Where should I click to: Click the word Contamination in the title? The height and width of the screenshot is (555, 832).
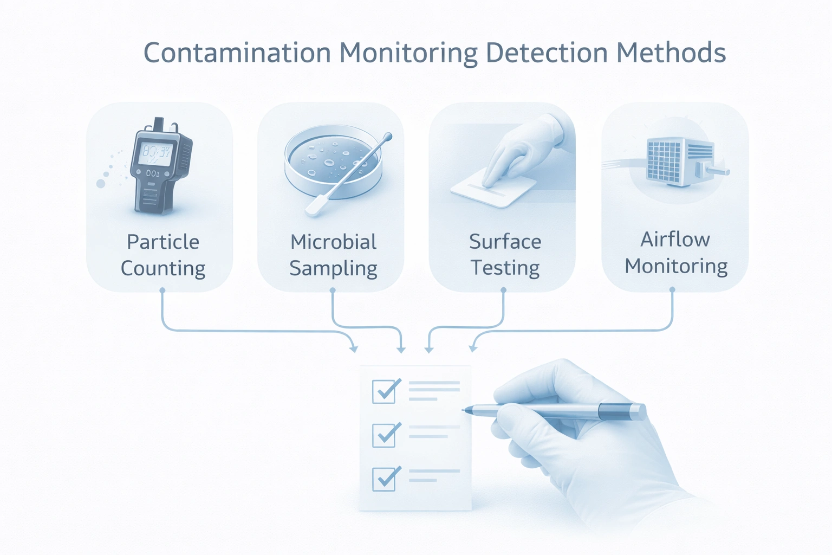click(x=237, y=53)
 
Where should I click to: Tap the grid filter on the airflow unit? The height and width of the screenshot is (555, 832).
click(x=664, y=160)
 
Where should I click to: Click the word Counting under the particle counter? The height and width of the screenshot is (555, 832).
click(x=162, y=268)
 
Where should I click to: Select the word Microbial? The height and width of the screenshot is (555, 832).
click(x=333, y=242)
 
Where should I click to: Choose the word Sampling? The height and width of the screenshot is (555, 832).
click(x=333, y=268)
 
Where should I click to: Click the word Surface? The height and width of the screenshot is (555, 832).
click(x=505, y=242)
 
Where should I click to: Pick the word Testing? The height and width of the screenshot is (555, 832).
click(x=505, y=268)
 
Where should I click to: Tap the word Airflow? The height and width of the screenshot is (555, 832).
click(x=675, y=239)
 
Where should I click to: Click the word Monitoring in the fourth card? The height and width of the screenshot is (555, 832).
click(x=675, y=266)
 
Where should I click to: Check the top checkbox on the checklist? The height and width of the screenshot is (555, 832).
click(x=384, y=391)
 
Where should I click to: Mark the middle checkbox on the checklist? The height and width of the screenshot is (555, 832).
click(x=384, y=435)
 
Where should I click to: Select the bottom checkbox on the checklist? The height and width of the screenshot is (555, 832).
click(x=384, y=479)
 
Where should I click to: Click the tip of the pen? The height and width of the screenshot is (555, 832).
click(x=464, y=410)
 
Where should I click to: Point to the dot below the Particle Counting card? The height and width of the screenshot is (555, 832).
click(x=162, y=291)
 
